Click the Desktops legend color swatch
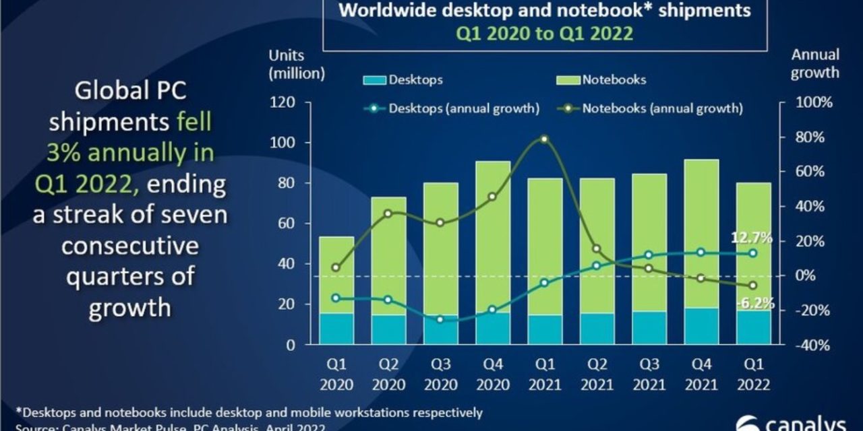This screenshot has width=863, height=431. click(374, 80)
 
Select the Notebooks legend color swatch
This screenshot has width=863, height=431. click(567, 80)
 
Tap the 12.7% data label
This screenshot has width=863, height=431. click(751, 238)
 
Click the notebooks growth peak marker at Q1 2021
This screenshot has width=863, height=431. click(544, 139)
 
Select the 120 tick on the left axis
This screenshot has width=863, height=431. click(282, 102)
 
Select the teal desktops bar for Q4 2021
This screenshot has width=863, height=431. click(701, 327)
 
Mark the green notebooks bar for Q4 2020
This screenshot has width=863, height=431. click(492, 236)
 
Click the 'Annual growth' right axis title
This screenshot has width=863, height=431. click(814, 63)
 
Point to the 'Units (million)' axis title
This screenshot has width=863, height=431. click(297, 63)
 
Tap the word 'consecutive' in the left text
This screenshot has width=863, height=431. click(130, 246)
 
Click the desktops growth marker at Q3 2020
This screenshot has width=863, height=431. click(440, 319)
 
